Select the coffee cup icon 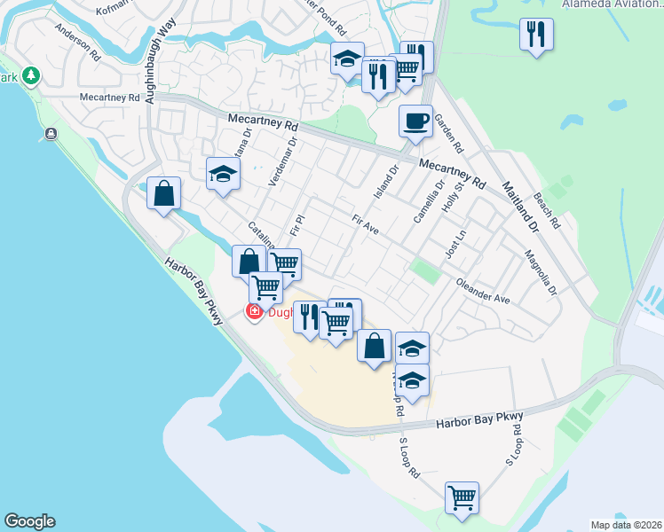tap(415, 121)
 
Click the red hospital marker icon tap(254, 311)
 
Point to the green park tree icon tap(32, 75)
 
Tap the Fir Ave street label tap(365, 225)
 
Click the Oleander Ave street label tap(483, 293)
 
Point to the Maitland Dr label tap(519, 207)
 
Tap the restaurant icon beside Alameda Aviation tap(535, 34)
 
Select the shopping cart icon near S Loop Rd tap(462, 497)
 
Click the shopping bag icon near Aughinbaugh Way tap(164, 193)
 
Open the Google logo tap(29, 521)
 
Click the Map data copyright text tap(627, 525)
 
